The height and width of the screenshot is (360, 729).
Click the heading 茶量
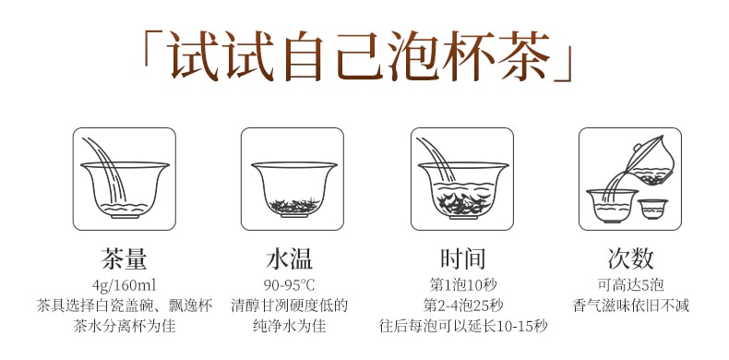click(124, 258)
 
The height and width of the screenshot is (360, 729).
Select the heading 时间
click(462, 258)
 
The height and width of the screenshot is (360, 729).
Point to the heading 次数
click(629, 258)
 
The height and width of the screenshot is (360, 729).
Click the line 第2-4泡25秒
click(462, 305)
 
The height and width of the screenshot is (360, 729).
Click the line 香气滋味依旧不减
click(629, 305)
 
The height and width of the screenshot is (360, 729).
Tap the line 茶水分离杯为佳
click(124, 326)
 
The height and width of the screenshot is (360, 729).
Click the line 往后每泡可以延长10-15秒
click(462, 326)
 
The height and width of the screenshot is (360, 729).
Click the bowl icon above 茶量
click(125, 179)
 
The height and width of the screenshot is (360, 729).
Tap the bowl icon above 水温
click(293, 179)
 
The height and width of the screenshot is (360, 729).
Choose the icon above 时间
click(461, 179)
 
